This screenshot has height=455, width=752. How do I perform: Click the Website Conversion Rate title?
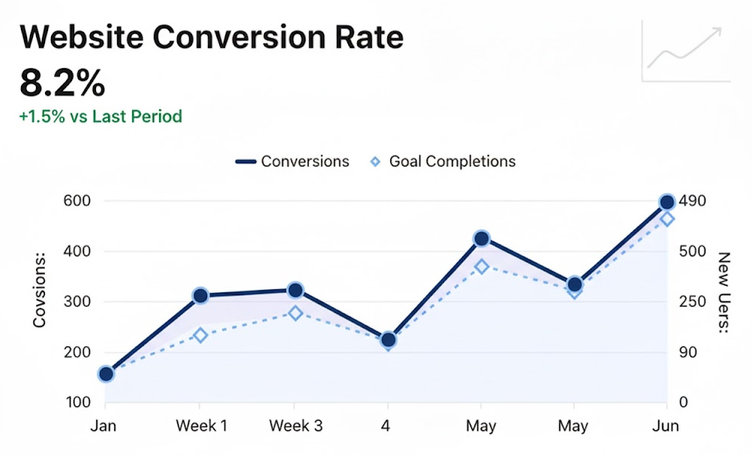click(211, 37)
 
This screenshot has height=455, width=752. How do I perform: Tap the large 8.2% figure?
click(62, 83)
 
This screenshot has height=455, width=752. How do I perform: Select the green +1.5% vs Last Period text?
click(101, 117)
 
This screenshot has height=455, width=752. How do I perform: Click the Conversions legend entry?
click(292, 161)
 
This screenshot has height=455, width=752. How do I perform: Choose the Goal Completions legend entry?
click(444, 161)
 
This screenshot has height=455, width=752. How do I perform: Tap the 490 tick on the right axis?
click(693, 201)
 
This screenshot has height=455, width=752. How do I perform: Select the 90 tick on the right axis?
click(688, 352)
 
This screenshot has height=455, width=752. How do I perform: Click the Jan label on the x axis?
click(104, 426)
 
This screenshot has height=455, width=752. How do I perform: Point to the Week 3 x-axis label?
click(296, 426)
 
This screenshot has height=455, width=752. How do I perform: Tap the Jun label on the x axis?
click(666, 426)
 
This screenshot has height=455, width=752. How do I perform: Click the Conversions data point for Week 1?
click(200, 296)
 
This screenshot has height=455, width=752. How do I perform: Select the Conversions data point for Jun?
click(666, 202)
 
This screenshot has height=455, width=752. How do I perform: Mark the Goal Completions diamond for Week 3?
click(296, 313)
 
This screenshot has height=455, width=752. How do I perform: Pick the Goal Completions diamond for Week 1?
click(200, 335)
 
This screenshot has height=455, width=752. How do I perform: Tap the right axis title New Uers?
click(723, 293)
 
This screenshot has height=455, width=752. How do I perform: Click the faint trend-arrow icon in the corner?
click(685, 50)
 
